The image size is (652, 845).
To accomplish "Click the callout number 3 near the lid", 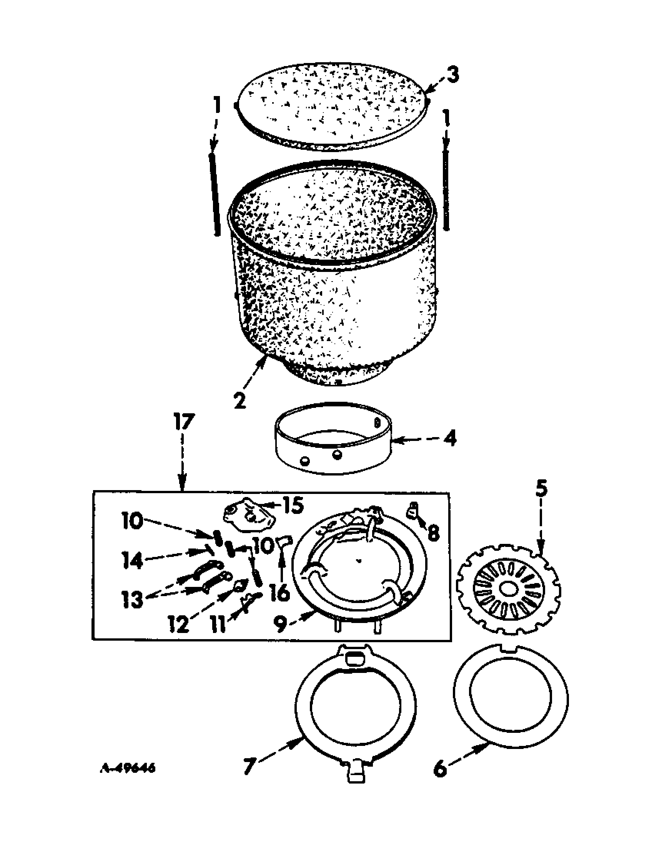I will (451, 75).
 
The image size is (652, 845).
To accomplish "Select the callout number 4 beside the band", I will (449, 439).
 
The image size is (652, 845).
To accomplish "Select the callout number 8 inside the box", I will (433, 534).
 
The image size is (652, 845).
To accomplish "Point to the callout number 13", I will (131, 600).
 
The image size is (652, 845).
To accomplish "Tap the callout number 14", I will (133, 561).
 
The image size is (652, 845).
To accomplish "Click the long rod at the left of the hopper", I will (215, 194).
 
